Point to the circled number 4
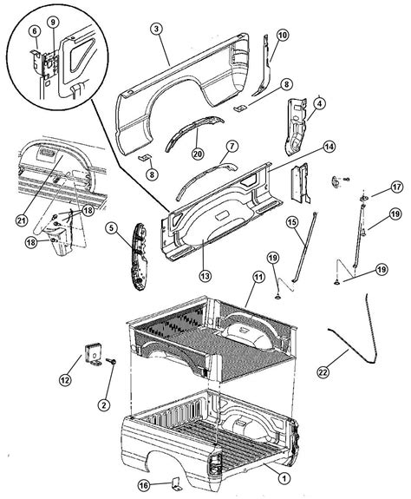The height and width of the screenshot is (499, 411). click(319, 103)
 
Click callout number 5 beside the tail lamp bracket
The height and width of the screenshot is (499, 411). click(112, 228)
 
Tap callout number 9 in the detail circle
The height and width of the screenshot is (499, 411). click(55, 21)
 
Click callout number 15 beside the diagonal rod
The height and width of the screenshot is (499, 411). click(293, 224)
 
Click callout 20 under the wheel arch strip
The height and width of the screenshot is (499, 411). click(197, 155)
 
